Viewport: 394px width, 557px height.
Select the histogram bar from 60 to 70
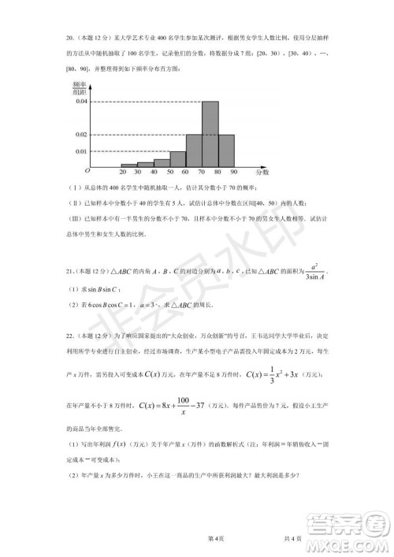click(195, 150)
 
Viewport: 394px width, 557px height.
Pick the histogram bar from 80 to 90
click(226, 150)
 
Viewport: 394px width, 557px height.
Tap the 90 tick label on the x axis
click(234, 172)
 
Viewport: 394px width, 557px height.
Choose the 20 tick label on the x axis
click(124, 172)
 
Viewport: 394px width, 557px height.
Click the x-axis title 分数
click(262, 171)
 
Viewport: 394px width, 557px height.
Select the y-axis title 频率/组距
click(79, 87)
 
